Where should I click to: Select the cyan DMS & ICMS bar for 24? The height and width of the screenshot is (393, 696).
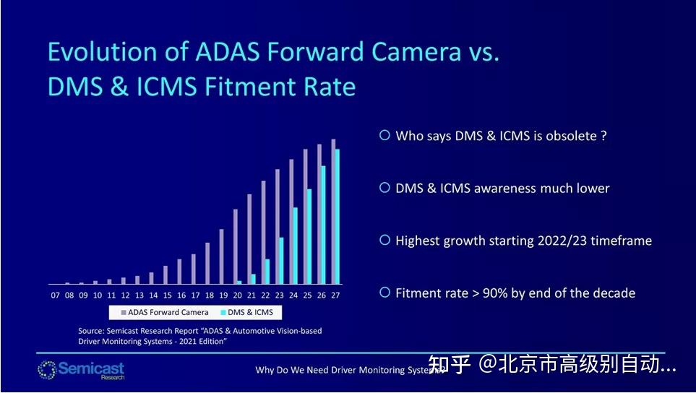click(x=295, y=246)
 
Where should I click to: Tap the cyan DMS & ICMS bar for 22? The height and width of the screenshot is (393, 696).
click(x=267, y=271)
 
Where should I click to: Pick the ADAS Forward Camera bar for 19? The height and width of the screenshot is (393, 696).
click(x=221, y=256)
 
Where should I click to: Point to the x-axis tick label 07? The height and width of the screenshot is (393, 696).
click(x=55, y=295)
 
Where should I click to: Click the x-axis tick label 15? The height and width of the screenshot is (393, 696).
click(x=167, y=295)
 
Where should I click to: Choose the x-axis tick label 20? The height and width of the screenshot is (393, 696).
click(x=237, y=295)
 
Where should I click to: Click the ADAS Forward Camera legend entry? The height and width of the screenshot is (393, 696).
click(x=165, y=312)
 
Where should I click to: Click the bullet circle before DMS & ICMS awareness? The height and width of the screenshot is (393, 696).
click(x=385, y=188)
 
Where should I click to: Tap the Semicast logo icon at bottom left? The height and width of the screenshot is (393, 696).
click(x=46, y=369)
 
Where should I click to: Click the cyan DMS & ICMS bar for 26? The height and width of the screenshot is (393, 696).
click(x=323, y=225)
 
